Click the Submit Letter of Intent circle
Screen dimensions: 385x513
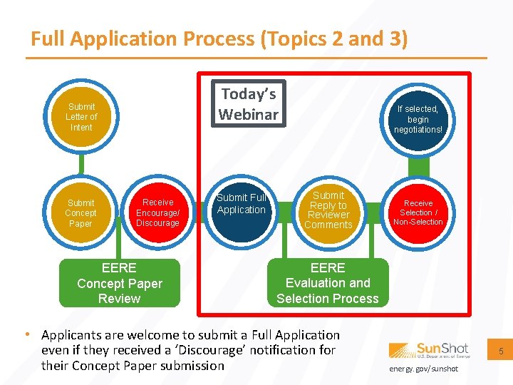81,117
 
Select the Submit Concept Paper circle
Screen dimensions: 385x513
81,213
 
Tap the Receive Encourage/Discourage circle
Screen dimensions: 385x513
157,213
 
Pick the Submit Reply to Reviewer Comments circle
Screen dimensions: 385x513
328,210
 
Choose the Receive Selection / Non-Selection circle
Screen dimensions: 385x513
418,212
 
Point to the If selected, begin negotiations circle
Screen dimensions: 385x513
418,119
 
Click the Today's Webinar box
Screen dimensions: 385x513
249,104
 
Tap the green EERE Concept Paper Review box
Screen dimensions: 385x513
120,283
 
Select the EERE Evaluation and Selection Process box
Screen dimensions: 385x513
328,283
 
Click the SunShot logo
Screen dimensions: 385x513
429,350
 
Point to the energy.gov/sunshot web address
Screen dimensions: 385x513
424,369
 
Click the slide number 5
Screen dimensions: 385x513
500,351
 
